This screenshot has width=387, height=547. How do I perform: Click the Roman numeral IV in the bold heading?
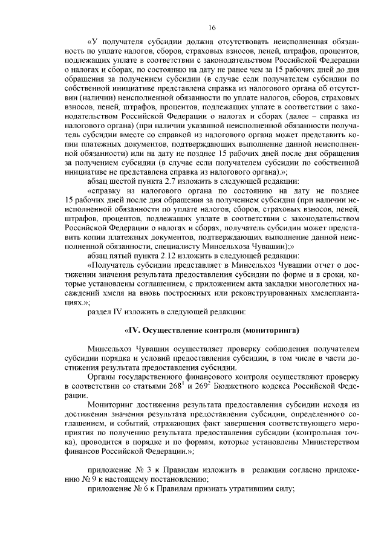[132, 331]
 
